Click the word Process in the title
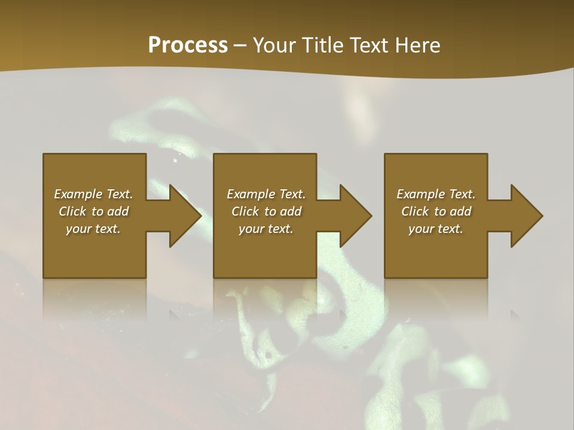pyautogui.click(x=188, y=45)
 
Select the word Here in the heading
pyautogui.click(x=419, y=45)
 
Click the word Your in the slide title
pyautogui.click(x=272, y=45)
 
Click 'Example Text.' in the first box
pyautogui.click(x=93, y=194)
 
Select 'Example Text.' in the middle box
pyautogui.click(x=265, y=194)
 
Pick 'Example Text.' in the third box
pyautogui.click(x=436, y=194)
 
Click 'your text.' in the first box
pyautogui.click(x=93, y=229)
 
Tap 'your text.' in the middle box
pyautogui.click(x=265, y=229)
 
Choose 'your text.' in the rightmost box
pyautogui.click(x=436, y=229)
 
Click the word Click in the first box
pyautogui.click(x=72, y=211)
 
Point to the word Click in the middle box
pyautogui.click(x=245, y=211)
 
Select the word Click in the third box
pyautogui.click(x=415, y=211)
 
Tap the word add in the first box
pyautogui.click(x=118, y=211)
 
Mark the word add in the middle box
pyautogui.click(x=291, y=211)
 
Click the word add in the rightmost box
pyautogui.click(x=460, y=211)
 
